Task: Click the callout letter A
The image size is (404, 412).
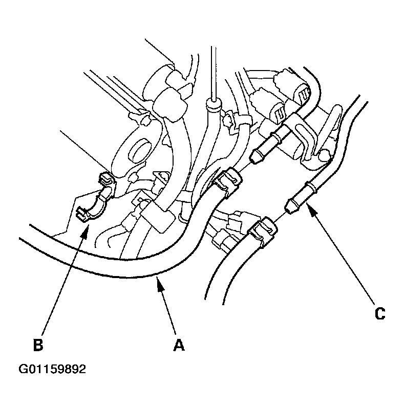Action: click(179, 345)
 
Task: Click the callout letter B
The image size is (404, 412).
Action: click(38, 345)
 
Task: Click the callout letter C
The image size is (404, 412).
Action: click(380, 313)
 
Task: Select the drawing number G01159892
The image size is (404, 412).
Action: click(52, 369)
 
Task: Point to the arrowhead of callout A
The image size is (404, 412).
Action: click(159, 286)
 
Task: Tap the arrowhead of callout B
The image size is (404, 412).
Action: click(85, 231)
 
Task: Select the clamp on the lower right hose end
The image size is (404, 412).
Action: click(263, 231)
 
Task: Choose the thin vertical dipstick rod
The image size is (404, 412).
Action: click(214, 72)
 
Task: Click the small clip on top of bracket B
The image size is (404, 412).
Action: click(107, 179)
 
